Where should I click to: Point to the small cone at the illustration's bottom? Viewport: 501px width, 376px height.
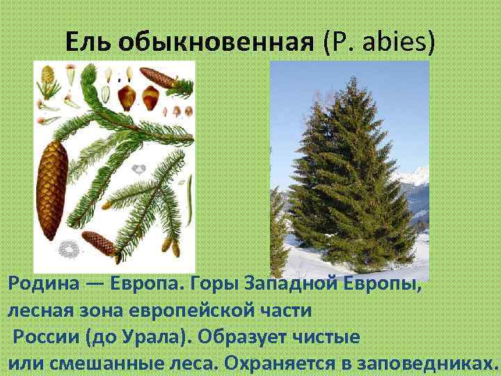[x=100, y=243]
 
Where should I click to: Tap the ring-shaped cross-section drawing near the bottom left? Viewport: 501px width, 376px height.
[x=68, y=247]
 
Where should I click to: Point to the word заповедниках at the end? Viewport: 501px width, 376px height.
[x=431, y=363]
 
